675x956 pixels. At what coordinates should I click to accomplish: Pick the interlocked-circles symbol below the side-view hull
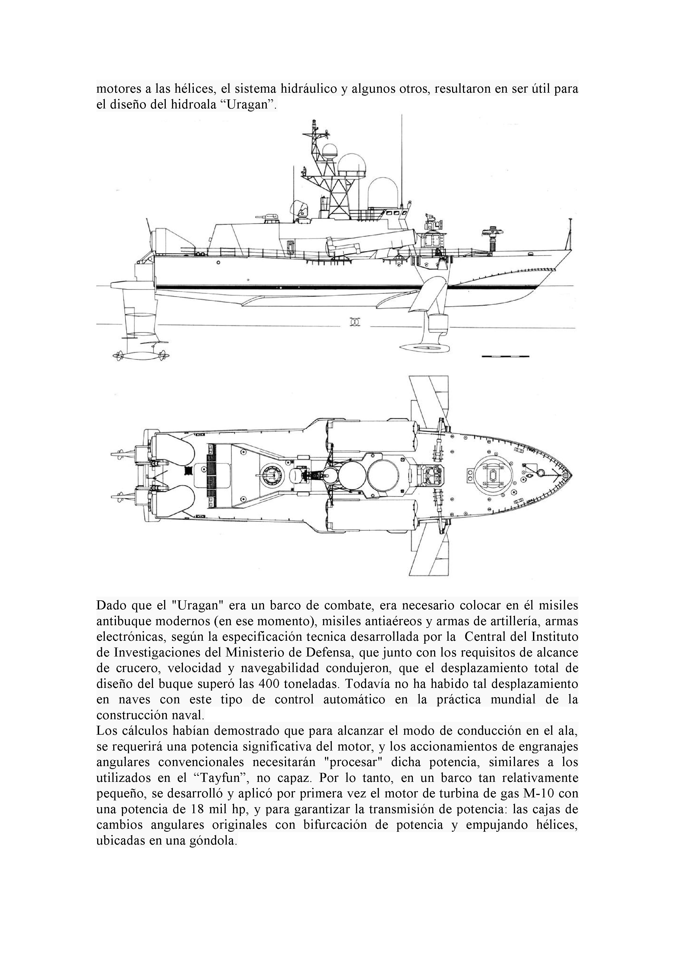(x=354, y=323)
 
